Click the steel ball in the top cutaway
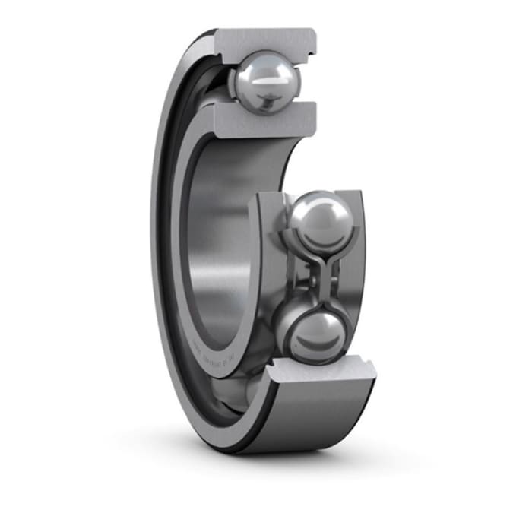264,81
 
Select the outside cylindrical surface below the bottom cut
319,414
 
